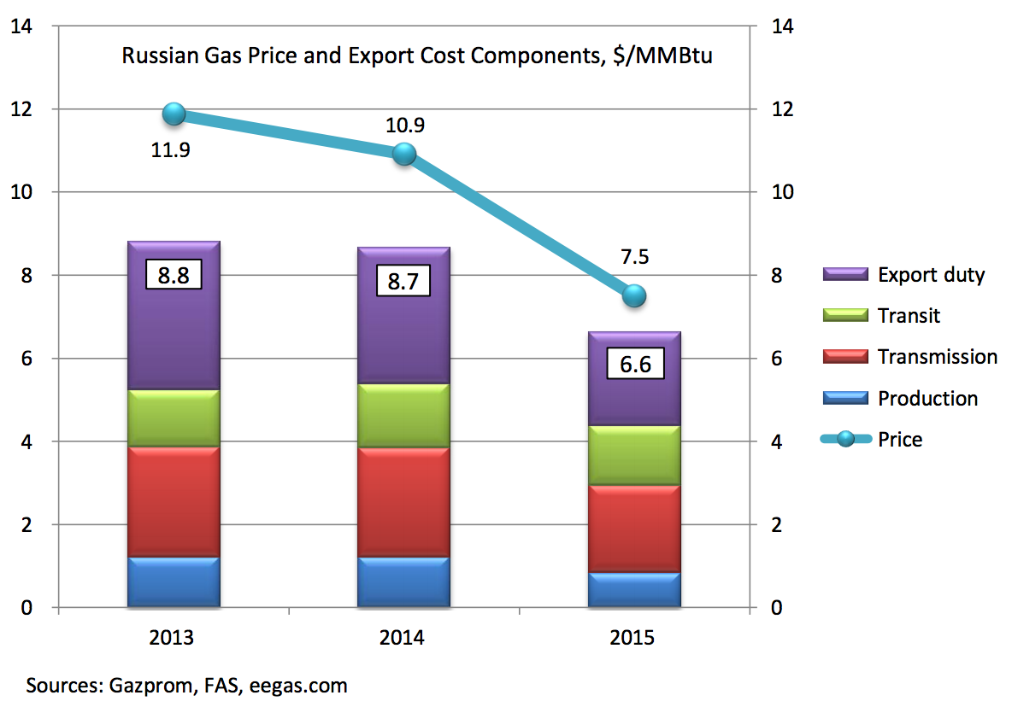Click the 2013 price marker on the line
[x=174, y=114]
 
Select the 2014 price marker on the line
[x=404, y=154]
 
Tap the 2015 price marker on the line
[x=634, y=295]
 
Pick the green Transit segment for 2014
[x=404, y=416]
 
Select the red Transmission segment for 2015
[x=634, y=529]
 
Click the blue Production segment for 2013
[x=174, y=582]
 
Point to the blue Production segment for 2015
[x=634, y=590]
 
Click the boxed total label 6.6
[x=634, y=365]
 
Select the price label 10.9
[x=404, y=126]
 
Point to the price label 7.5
[x=634, y=257]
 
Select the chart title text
[x=417, y=57]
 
